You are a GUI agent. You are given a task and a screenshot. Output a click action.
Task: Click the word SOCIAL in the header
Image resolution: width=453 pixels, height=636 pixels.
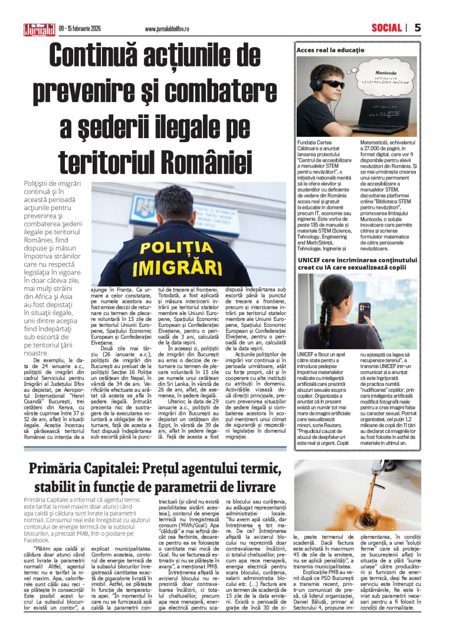pyautogui.click(x=386, y=27)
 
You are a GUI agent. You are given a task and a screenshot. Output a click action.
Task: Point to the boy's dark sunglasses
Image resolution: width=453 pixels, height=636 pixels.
pyautogui.click(x=332, y=84)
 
